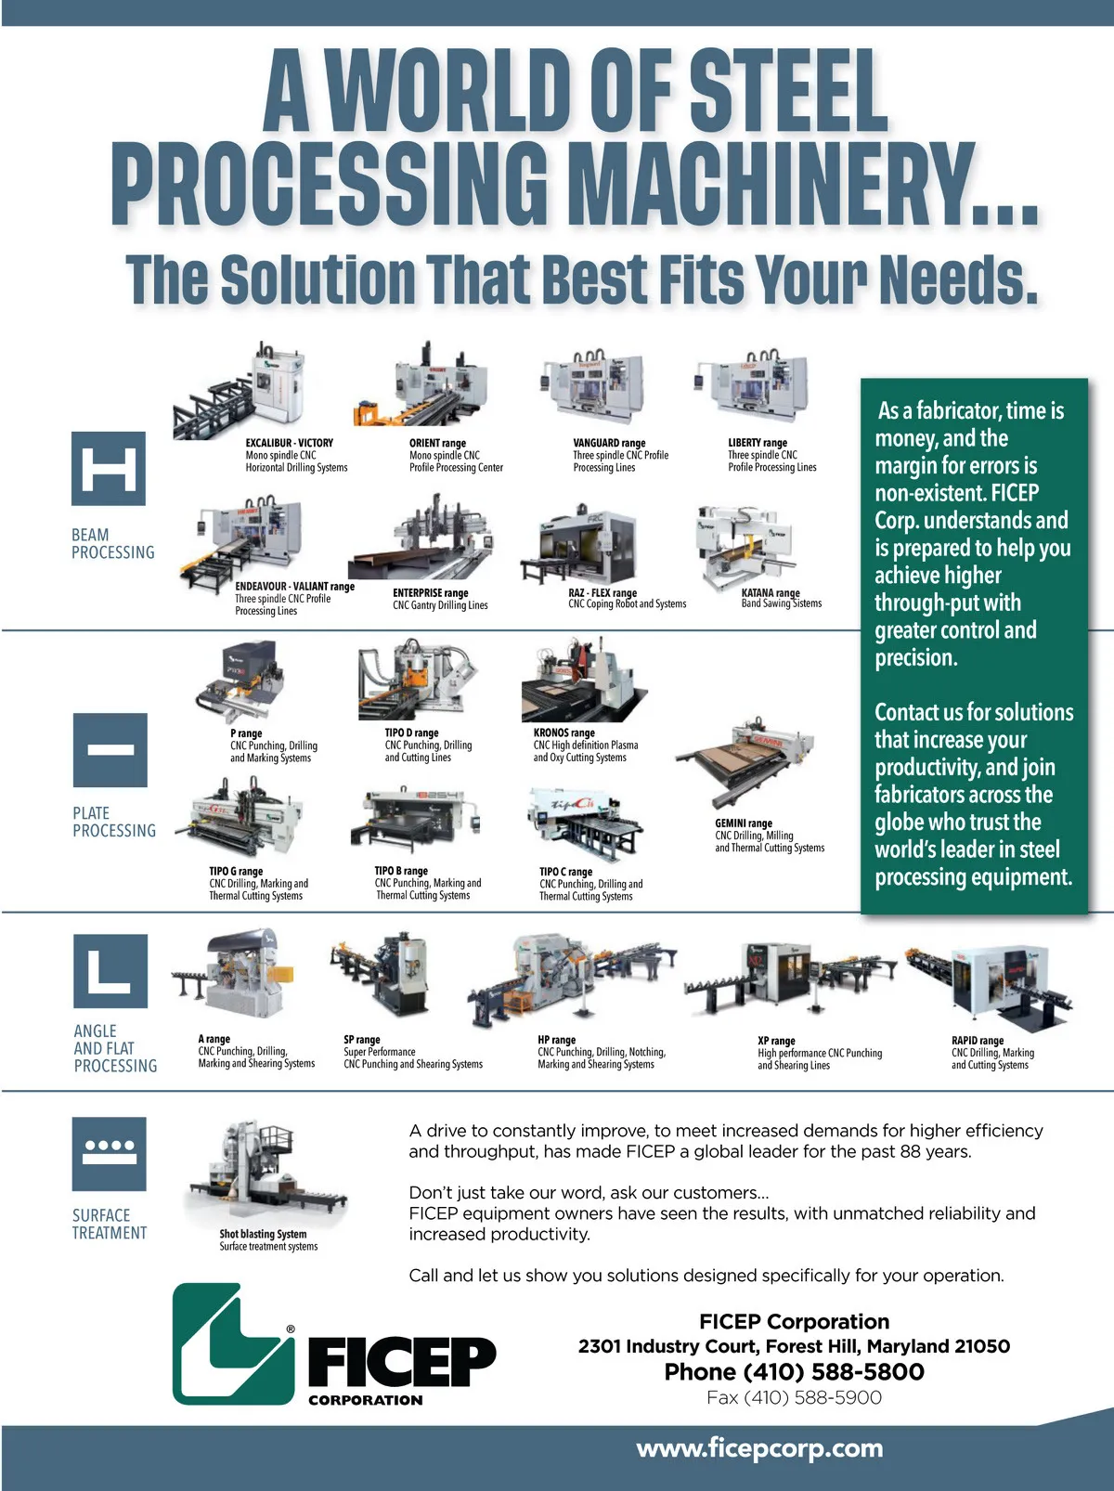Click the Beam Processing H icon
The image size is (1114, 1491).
[109, 469]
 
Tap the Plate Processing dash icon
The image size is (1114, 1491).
[110, 750]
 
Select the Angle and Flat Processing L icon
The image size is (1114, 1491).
[110, 971]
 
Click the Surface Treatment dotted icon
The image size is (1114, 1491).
[110, 1154]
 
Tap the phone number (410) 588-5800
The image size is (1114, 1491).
[834, 1371]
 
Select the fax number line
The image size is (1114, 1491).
[794, 1398]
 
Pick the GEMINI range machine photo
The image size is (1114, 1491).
[745, 761]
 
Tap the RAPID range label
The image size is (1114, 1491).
[977, 1040]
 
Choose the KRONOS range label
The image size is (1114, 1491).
[563, 733]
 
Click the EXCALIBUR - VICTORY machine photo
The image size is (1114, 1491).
[240, 390]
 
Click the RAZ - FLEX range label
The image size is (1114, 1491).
[602, 592]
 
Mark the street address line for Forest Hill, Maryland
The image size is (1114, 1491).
[794, 1345]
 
